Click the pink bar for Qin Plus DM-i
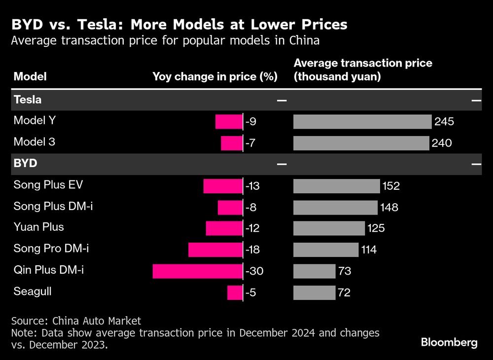click(198, 271)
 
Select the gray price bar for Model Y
click(362, 122)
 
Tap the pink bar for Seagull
click(235, 292)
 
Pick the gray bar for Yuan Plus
click(329, 228)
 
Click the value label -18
click(252, 250)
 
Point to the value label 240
click(442, 144)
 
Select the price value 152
click(390, 186)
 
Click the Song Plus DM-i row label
click(53, 206)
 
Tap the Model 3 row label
click(34, 142)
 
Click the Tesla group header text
click(27, 100)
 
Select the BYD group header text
click(25, 163)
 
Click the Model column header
click(30, 76)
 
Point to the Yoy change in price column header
click(215, 76)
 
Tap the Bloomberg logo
click(449, 342)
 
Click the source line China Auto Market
click(76, 321)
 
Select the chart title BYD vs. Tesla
click(179, 24)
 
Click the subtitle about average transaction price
click(165, 41)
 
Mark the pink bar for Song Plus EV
click(223, 186)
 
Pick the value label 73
click(344, 271)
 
